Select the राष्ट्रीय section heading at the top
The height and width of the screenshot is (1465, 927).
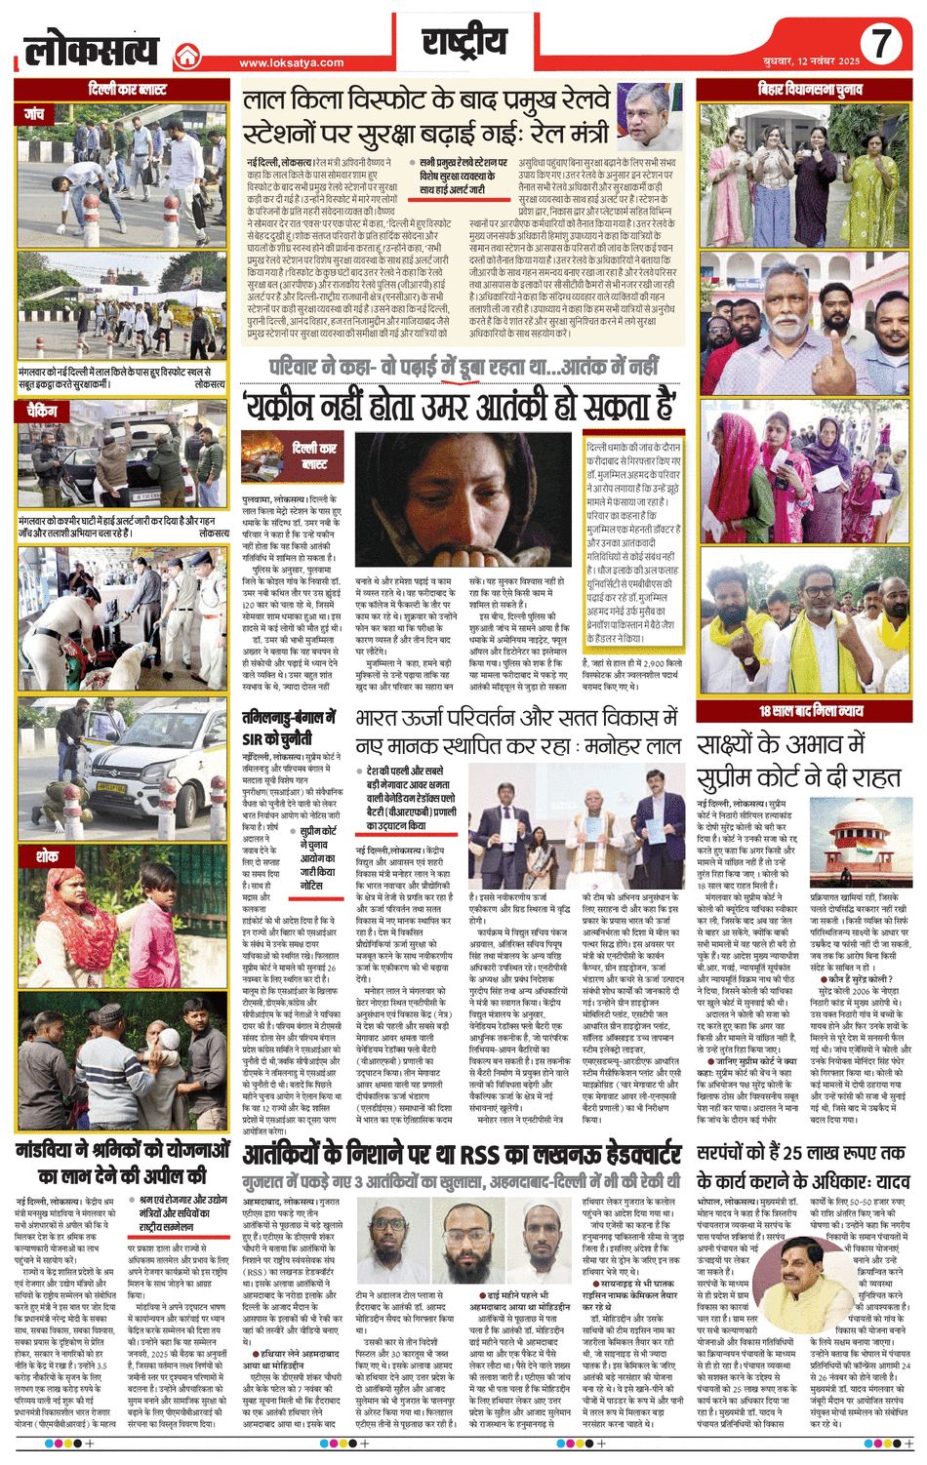tap(464, 43)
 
